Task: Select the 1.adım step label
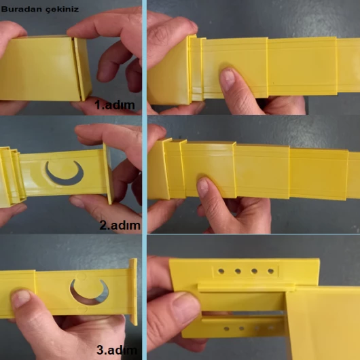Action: pyautogui.click(x=115, y=105)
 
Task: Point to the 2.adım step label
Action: pyautogui.click(x=120, y=226)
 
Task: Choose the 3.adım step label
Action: pyautogui.click(x=117, y=350)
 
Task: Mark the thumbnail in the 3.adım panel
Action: pyautogui.click(x=20, y=298)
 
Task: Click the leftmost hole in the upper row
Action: pyautogui.click(x=221, y=272)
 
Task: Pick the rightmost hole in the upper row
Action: pyautogui.click(x=271, y=272)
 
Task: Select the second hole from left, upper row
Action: pyautogui.click(x=238, y=272)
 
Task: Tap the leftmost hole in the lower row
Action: pyautogui.click(x=227, y=329)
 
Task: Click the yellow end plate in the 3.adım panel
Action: pyautogui.click(x=133, y=291)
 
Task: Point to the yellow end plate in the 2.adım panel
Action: pyautogui.click(x=109, y=173)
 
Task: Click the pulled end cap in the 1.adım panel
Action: pyautogui.click(x=82, y=69)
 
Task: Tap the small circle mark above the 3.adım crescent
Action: pyautogui.click(x=79, y=276)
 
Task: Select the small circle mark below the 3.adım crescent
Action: pyautogui.click(x=82, y=309)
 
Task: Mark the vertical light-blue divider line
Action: pyautogui.click(x=145, y=180)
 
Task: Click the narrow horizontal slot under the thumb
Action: pyautogui.click(x=243, y=313)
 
